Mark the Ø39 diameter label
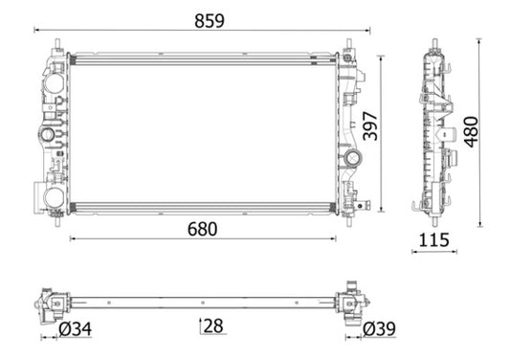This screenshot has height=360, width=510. (380, 330)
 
